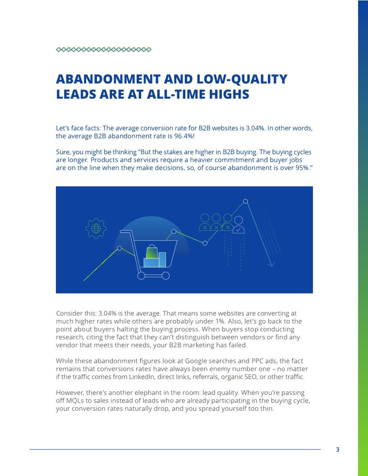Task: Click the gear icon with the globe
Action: (96, 228)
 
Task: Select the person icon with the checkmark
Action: (239, 224)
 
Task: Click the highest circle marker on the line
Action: (245, 201)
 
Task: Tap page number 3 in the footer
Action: (338, 449)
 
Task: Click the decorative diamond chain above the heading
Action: (104, 50)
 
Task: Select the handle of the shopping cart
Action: (125, 232)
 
